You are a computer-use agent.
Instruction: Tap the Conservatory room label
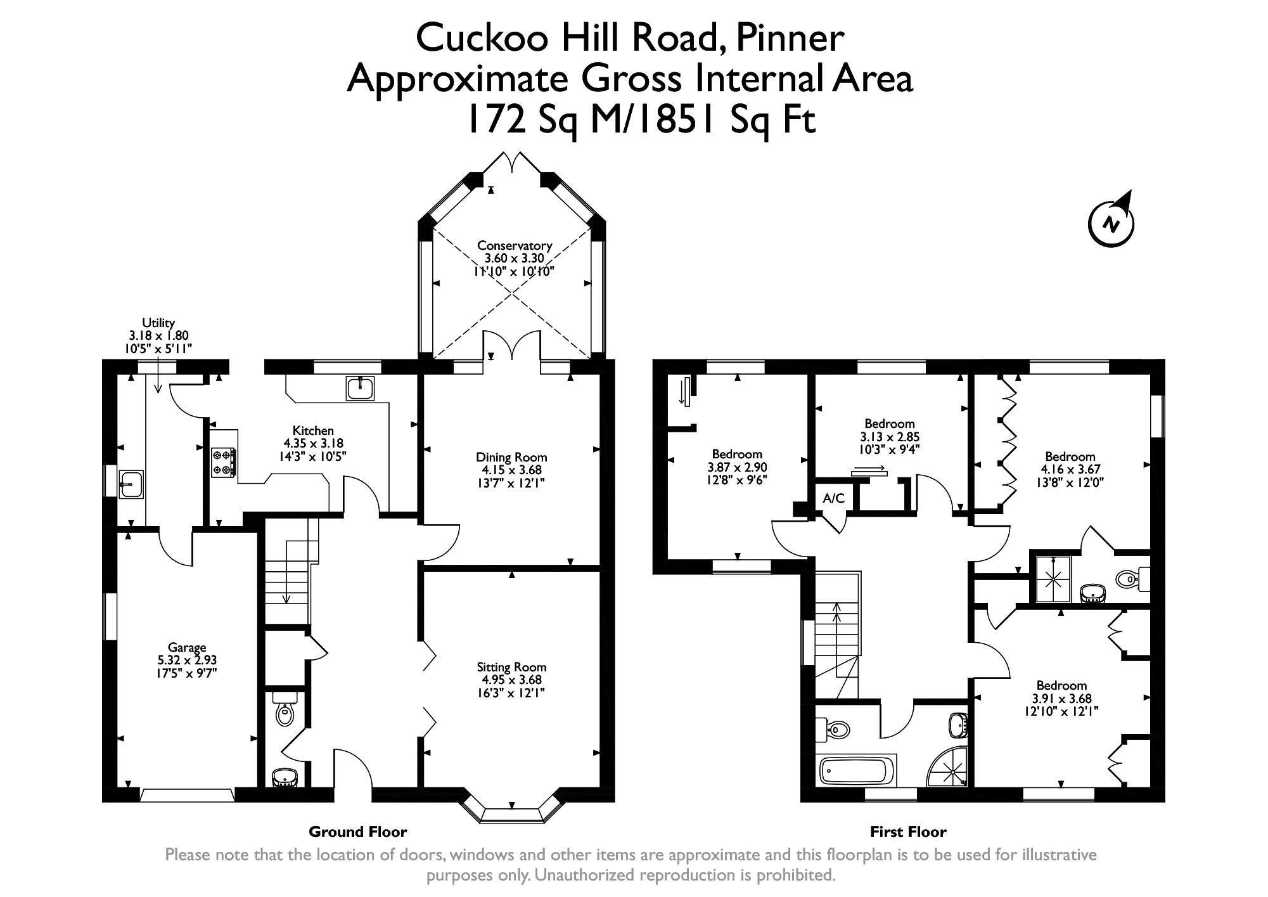(x=515, y=245)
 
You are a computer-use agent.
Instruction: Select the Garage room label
(x=187, y=647)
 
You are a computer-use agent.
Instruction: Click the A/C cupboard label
(x=834, y=498)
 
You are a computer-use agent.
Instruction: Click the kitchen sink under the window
(x=361, y=388)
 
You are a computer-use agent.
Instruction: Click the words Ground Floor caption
(x=357, y=831)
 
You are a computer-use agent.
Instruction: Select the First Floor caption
(x=908, y=831)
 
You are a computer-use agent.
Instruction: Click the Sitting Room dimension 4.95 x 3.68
(x=511, y=680)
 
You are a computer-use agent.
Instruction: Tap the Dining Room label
(x=511, y=457)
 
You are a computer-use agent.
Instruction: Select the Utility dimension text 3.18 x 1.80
(x=158, y=336)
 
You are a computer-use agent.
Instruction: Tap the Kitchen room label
(x=313, y=430)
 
